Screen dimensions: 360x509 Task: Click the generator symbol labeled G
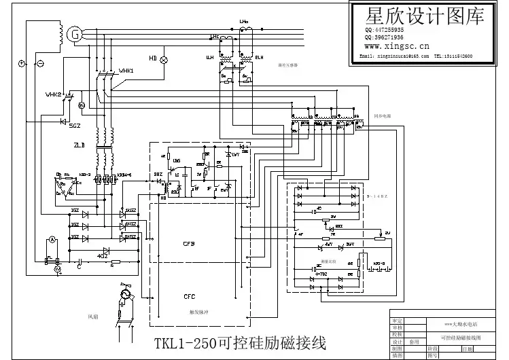click(x=76, y=33)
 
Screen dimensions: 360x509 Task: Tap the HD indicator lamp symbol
click(x=163, y=59)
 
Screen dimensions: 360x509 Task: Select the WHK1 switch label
click(x=126, y=71)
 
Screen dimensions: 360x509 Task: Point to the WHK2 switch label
click(x=53, y=94)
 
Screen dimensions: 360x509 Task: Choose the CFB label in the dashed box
click(x=189, y=242)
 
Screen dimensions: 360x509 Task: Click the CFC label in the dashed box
click(x=189, y=296)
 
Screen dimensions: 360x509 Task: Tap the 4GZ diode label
click(x=102, y=257)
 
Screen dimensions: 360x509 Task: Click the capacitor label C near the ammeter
click(x=78, y=268)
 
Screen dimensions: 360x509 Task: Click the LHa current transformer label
click(x=243, y=23)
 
